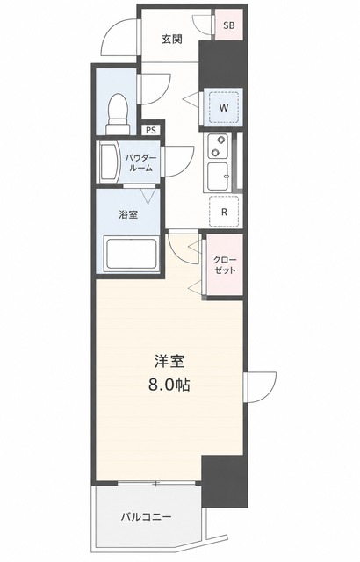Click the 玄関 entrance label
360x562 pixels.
[x=171, y=39]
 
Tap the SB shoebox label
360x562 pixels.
[x=229, y=25]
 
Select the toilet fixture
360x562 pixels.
[x=118, y=113]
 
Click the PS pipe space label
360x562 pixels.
[x=151, y=130]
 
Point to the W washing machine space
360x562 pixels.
[x=224, y=107]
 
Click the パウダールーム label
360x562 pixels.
[x=140, y=162]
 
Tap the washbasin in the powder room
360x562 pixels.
[x=110, y=162]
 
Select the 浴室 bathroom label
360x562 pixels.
[x=128, y=214]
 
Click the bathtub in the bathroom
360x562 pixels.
[x=130, y=254]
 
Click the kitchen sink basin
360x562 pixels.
[x=218, y=176]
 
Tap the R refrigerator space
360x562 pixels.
[x=224, y=212]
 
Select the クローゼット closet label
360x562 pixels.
[x=225, y=265]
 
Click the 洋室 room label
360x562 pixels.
[x=169, y=362]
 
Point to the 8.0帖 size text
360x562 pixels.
[x=169, y=385]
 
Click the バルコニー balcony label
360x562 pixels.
[x=146, y=516]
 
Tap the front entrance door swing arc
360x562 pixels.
[x=110, y=34]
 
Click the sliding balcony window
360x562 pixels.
[x=156, y=484]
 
